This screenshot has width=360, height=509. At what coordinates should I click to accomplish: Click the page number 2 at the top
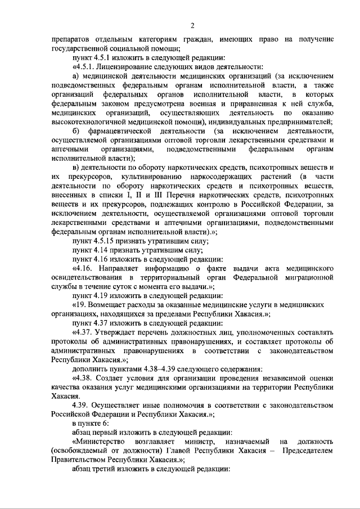tap(192, 25)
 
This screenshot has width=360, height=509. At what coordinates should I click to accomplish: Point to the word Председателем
tap(308, 452)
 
